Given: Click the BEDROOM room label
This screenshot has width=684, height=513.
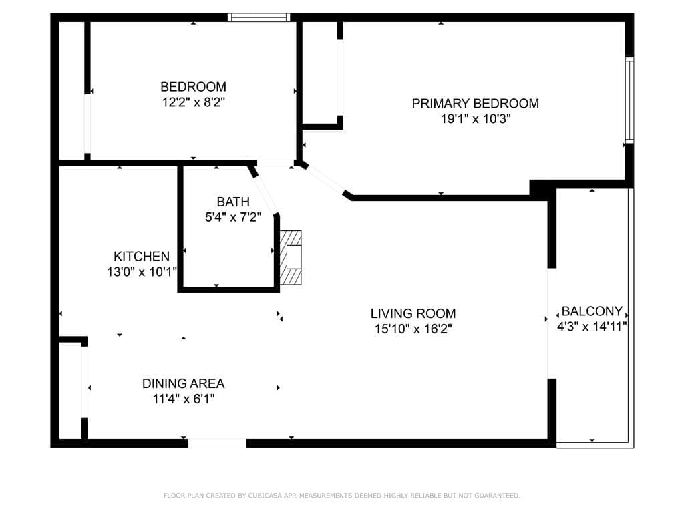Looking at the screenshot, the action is tap(193, 86).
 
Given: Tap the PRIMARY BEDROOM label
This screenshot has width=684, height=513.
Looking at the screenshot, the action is tap(475, 104).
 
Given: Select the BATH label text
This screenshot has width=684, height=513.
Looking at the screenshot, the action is tap(233, 202).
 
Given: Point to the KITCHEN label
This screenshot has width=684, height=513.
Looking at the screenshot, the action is tap(142, 256).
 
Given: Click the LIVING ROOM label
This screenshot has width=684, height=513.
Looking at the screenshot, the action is tap(413, 314).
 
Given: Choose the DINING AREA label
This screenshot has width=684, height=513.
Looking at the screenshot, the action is tap(183, 384).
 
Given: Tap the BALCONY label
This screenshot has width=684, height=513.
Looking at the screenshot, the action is tap(592, 311).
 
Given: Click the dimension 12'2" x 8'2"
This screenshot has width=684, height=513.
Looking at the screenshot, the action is tap(193, 102).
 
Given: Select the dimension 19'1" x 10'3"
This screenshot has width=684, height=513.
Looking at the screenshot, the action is tap(475, 119).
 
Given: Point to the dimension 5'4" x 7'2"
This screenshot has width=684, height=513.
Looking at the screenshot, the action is tap(233, 217).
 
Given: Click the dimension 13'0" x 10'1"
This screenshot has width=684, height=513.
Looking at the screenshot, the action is tap(142, 272).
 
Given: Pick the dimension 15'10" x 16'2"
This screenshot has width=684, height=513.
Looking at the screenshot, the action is tap(413, 329).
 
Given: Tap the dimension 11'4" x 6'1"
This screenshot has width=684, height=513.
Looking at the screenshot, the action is tap(183, 399).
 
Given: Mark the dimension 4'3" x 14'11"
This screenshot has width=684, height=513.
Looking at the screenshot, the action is tap(592, 326).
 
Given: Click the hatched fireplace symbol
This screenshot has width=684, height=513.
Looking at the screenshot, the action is tap(291, 258).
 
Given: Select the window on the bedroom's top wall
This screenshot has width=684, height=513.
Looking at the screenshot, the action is tap(259, 17).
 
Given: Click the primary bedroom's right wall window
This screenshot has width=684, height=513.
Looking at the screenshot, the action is tap(629, 100).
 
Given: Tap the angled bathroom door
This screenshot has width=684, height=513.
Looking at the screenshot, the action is tap(264, 195).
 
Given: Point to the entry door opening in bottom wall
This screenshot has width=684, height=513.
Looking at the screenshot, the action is tap(217, 444).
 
